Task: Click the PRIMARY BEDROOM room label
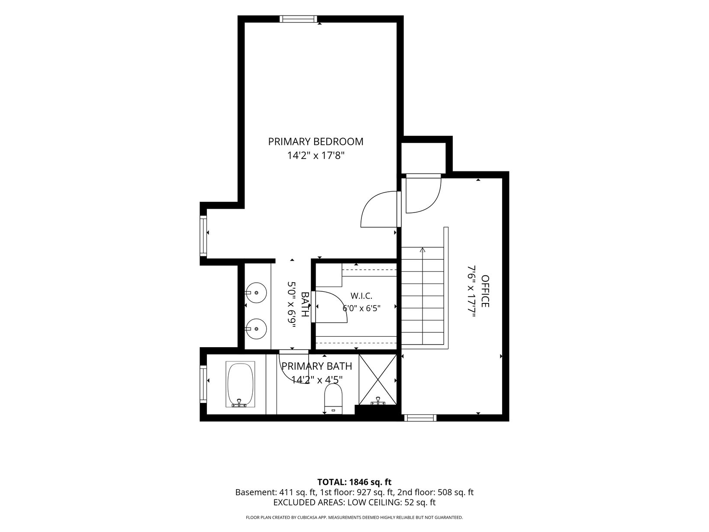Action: (x=316, y=142)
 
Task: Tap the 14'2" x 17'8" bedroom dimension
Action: (x=316, y=156)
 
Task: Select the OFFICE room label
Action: (x=485, y=291)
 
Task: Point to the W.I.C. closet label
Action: (x=361, y=296)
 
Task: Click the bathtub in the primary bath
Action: (x=240, y=384)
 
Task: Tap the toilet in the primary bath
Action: (x=333, y=399)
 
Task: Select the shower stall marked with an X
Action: (x=377, y=380)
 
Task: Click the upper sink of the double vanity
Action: (x=256, y=292)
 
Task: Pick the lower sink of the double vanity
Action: (x=256, y=329)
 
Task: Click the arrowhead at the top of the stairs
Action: (x=422, y=249)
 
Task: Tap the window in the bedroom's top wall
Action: (x=298, y=19)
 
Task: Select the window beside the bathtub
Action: (x=203, y=384)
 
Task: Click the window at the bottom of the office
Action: (x=420, y=418)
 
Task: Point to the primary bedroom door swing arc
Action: (x=371, y=202)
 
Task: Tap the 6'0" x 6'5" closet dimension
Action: (x=361, y=308)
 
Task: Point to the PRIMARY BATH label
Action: (x=316, y=366)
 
